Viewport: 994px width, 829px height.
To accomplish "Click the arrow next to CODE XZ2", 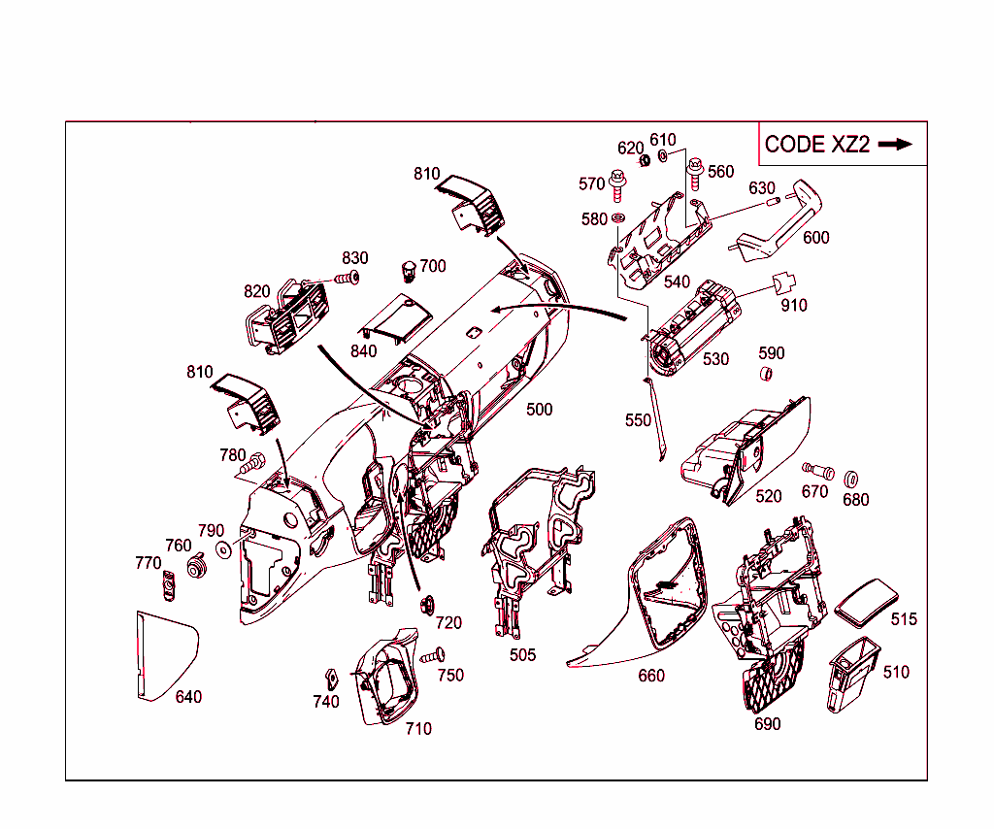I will pyautogui.click(x=894, y=144).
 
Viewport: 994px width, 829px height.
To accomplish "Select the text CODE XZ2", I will pyautogui.click(x=816, y=145).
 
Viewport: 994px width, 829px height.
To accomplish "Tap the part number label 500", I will pyautogui.click(x=540, y=409).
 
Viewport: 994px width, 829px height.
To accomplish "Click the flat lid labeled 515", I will pyautogui.click(x=867, y=602).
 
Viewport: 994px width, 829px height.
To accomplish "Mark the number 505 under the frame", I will pyautogui.click(x=522, y=655).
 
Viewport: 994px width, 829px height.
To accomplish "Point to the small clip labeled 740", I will pyautogui.click(x=329, y=677).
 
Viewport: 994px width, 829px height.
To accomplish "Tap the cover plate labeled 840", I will pyautogui.click(x=393, y=318).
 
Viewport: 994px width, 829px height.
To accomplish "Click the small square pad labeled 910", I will pyautogui.click(x=785, y=282).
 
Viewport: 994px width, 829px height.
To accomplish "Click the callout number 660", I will pyautogui.click(x=651, y=675).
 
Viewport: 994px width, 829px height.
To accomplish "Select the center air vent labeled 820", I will pyautogui.click(x=285, y=314).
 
